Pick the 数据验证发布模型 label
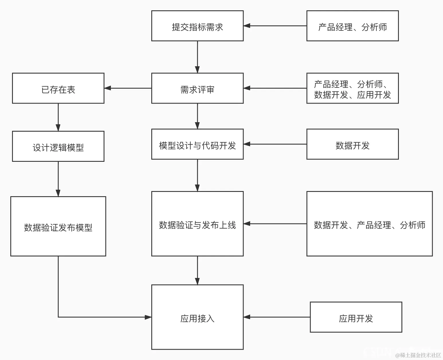[x=58, y=227]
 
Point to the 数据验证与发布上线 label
[x=197, y=225]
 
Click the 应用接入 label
[x=197, y=318]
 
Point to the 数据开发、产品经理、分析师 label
[x=369, y=225]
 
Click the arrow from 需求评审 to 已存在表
[x=128, y=88]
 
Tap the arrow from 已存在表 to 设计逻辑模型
[x=58, y=117]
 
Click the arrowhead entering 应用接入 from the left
[x=148, y=317]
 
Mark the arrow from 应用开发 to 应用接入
[x=277, y=317]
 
